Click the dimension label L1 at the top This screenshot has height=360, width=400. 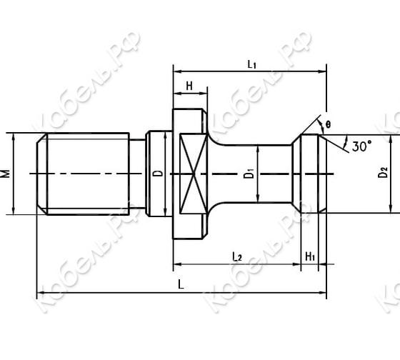251,64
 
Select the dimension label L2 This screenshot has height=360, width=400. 237,255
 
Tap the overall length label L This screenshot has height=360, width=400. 181,284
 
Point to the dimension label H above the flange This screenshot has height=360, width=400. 189,85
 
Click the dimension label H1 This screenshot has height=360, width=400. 310,255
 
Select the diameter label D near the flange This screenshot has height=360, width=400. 159,173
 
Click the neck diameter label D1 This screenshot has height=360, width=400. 248,173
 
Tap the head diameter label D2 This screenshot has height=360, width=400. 384,172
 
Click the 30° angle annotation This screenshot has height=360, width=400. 361,146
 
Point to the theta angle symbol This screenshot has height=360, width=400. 327,124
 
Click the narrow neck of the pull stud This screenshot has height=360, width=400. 271,173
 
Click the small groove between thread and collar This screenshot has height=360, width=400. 137,173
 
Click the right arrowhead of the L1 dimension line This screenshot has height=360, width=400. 323,71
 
